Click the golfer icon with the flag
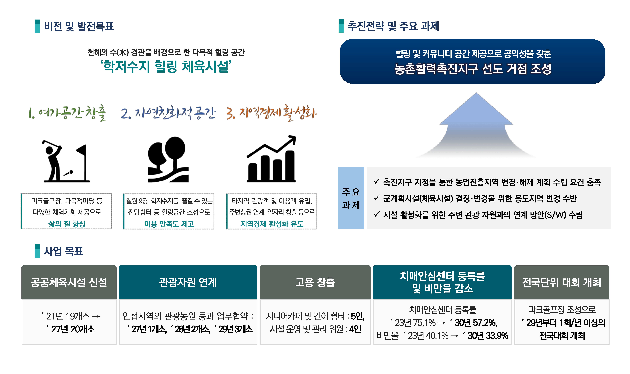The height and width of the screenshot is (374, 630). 66,161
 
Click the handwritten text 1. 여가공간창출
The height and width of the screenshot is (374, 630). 67,113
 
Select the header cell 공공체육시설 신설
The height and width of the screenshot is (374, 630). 69,282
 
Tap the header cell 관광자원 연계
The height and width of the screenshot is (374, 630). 188,282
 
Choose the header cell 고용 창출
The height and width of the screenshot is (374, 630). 315,282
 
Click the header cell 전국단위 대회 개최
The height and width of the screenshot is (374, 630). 562,282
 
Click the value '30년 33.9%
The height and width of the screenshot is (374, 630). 486,336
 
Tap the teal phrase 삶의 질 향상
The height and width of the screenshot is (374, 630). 67,224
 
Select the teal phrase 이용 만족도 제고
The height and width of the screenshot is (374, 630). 169,224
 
